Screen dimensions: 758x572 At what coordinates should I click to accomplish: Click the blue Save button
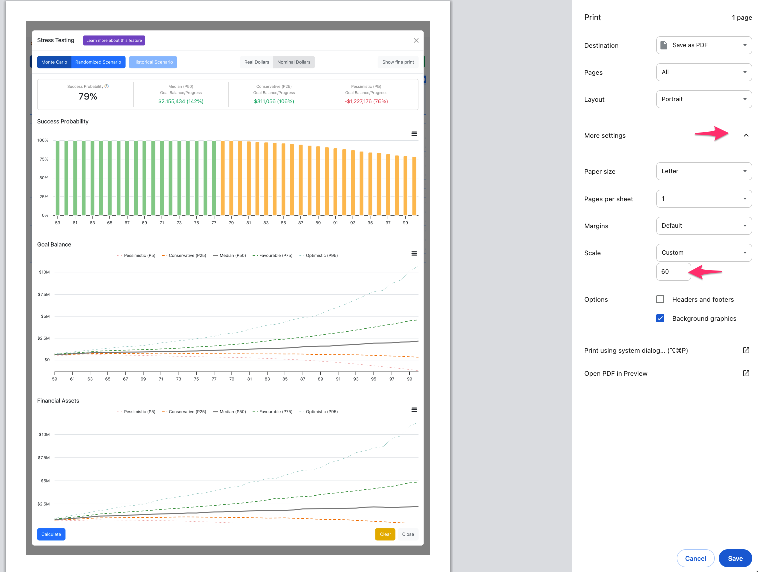pyautogui.click(x=735, y=558)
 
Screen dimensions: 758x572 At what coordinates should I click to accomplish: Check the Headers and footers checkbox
pyautogui.click(x=660, y=299)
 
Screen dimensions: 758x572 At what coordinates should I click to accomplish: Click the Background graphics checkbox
pyautogui.click(x=660, y=318)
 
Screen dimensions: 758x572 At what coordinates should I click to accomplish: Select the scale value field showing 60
pyautogui.click(x=673, y=272)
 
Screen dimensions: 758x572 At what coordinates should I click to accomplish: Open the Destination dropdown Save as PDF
pyautogui.click(x=704, y=45)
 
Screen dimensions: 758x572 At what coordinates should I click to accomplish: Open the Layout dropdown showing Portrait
pyautogui.click(x=704, y=99)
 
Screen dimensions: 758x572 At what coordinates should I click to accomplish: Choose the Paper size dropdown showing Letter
pyautogui.click(x=704, y=171)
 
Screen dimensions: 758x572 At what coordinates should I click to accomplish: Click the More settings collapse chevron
pyautogui.click(x=746, y=135)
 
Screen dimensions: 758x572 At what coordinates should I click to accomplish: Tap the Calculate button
pyautogui.click(x=51, y=534)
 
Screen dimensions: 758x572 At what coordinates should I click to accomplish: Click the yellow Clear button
pyautogui.click(x=385, y=534)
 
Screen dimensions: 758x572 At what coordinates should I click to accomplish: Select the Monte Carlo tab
pyautogui.click(x=54, y=62)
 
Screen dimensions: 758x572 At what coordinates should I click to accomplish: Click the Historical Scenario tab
pyautogui.click(x=153, y=62)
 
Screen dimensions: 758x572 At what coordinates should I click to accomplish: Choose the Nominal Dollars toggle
pyautogui.click(x=294, y=62)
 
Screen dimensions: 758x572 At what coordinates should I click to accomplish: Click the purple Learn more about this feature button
pyautogui.click(x=114, y=40)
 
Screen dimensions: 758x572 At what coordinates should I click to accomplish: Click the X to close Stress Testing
pyautogui.click(x=416, y=41)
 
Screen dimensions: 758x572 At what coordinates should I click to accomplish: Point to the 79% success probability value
pyautogui.click(x=88, y=96)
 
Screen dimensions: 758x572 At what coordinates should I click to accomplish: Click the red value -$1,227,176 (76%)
pyautogui.click(x=366, y=101)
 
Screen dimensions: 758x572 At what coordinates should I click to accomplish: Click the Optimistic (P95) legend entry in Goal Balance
pyautogui.click(x=318, y=255)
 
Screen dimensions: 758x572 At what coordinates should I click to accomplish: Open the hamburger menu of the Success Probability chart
pyautogui.click(x=414, y=134)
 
